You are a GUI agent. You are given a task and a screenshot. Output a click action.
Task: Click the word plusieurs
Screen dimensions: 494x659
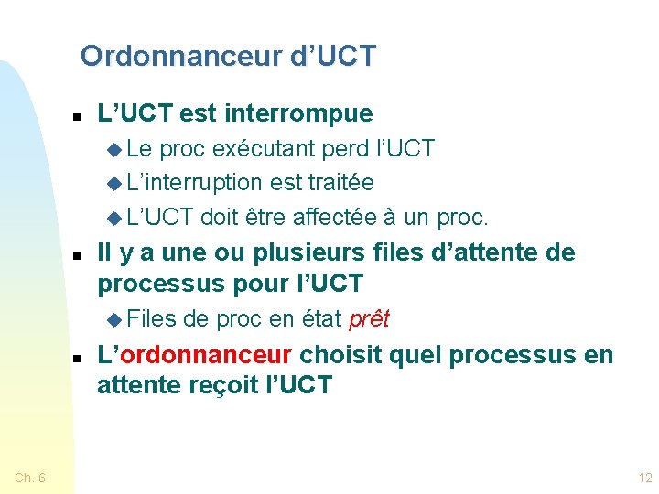pos(315,252)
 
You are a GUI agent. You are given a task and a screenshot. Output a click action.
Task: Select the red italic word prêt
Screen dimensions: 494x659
pos(368,319)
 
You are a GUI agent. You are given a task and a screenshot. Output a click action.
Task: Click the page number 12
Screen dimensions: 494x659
pos(645,477)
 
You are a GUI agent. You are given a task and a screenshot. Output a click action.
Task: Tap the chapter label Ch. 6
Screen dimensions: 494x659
pos(31,477)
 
